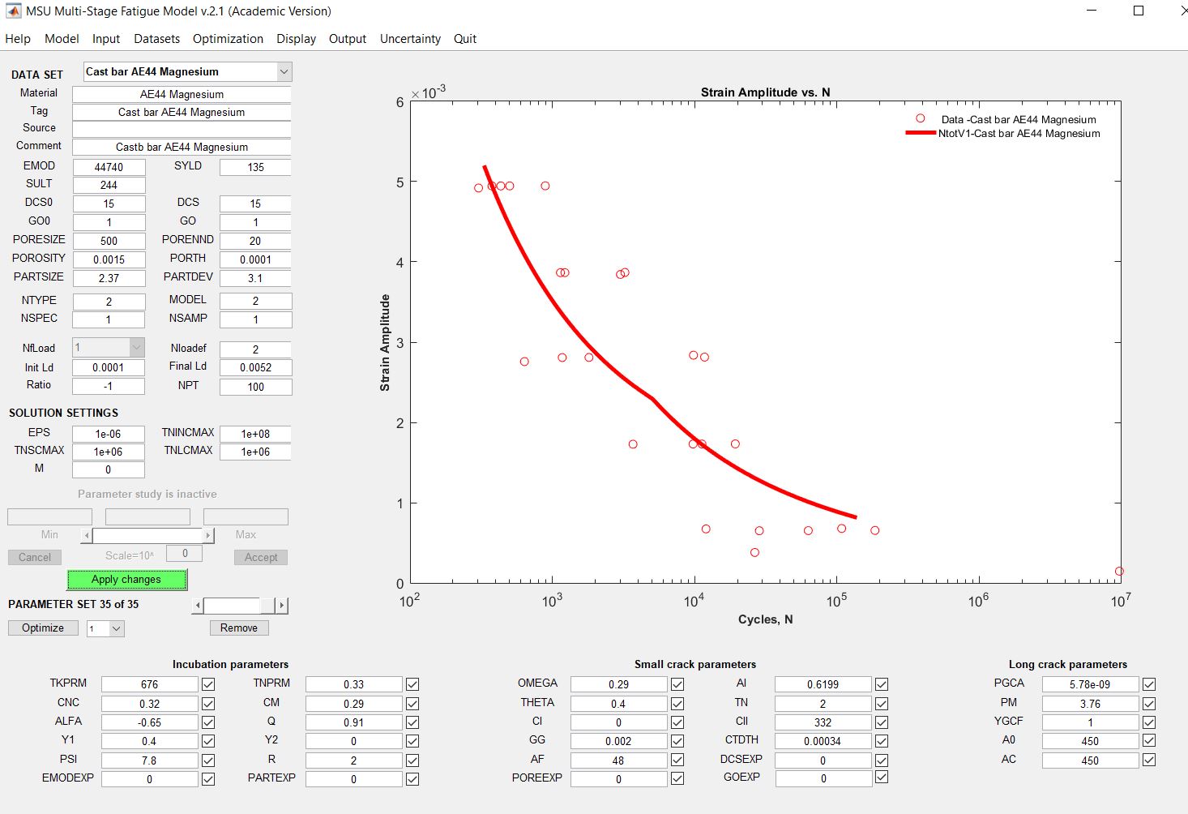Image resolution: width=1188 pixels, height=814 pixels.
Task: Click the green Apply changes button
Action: (x=126, y=580)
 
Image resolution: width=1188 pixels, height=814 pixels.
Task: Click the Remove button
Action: (x=238, y=628)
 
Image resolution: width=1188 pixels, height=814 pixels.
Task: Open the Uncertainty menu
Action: (x=410, y=39)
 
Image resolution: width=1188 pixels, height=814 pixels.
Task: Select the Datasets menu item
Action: (x=156, y=39)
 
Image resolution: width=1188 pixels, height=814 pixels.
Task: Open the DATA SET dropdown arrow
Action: (x=284, y=72)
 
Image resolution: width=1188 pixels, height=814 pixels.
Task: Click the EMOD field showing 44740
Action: (x=109, y=167)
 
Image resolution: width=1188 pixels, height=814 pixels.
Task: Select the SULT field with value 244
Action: (x=109, y=185)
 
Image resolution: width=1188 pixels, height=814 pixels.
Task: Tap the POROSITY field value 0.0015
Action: (x=109, y=259)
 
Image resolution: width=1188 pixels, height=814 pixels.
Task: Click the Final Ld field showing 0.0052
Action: (x=255, y=367)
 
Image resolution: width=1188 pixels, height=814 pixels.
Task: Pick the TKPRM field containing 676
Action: (x=149, y=684)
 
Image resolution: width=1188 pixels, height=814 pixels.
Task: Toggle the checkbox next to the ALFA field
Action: (x=208, y=722)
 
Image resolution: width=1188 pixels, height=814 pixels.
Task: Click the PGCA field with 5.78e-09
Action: (x=1090, y=684)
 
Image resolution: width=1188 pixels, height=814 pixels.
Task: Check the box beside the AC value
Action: (x=1149, y=760)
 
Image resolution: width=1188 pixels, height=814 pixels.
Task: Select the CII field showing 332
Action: (x=823, y=722)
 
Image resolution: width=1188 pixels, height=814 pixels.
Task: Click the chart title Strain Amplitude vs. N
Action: (x=765, y=92)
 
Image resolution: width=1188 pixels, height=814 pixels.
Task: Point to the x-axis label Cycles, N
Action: (x=765, y=619)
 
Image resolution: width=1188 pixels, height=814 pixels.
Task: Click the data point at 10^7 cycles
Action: (x=1119, y=572)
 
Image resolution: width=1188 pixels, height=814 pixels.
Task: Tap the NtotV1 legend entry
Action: (x=1019, y=134)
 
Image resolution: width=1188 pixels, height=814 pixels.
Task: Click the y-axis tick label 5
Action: (x=400, y=182)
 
